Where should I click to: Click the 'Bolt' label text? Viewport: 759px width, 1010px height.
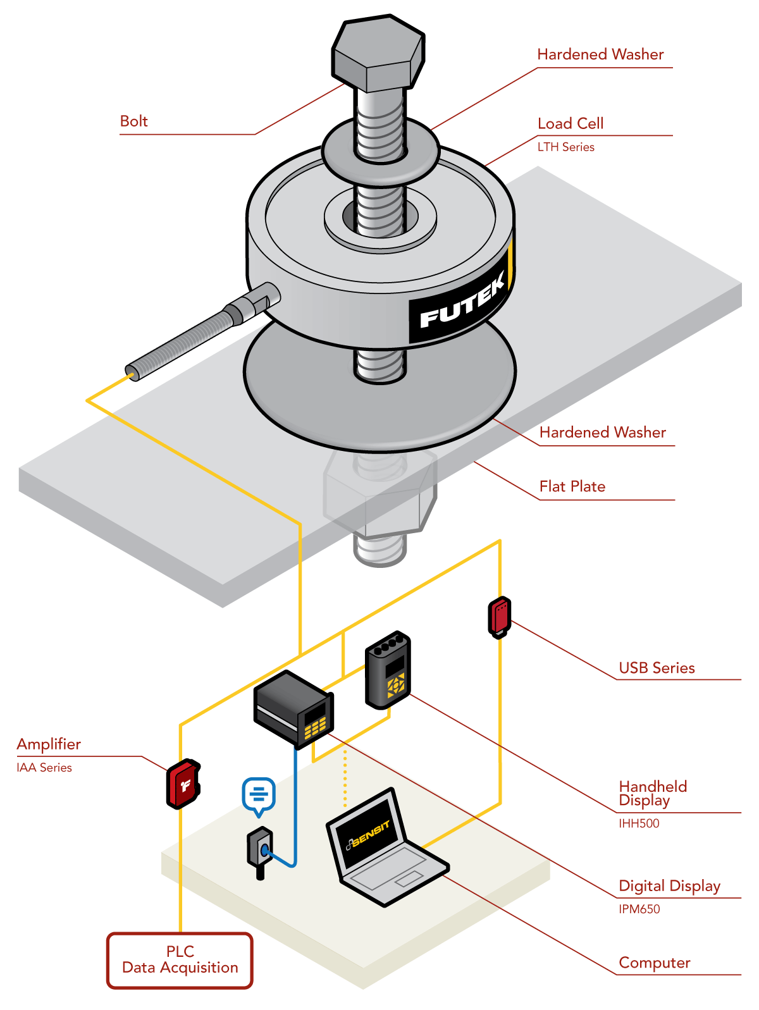click(134, 121)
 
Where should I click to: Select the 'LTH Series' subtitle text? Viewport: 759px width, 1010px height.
click(566, 147)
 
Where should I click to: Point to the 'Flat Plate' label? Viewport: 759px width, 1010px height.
click(572, 486)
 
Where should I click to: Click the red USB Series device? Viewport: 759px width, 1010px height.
click(499, 616)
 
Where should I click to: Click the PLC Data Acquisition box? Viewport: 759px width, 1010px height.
click(180, 960)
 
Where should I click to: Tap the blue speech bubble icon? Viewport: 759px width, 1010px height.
click(259, 794)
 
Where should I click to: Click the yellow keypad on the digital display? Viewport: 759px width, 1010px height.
click(315, 727)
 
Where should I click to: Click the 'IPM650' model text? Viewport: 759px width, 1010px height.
click(639, 909)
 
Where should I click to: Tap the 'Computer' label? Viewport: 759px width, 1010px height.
click(655, 963)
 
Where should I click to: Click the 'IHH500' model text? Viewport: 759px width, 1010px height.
click(639, 823)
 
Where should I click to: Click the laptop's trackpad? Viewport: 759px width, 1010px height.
click(409, 878)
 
